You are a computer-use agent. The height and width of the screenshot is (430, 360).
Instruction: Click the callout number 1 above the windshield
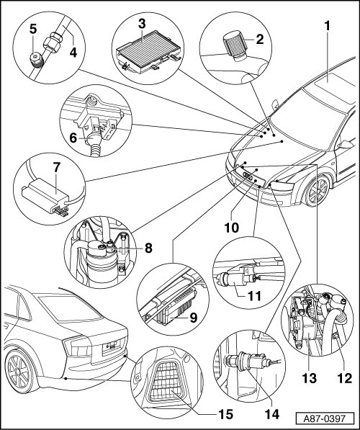point(327,26)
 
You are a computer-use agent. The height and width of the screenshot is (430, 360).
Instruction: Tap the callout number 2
point(260,40)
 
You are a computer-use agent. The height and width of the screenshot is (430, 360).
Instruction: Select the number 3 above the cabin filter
point(142,24)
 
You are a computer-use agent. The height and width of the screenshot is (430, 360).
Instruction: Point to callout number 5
point(33,30)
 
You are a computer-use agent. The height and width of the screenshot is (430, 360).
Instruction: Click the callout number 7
point(56,168)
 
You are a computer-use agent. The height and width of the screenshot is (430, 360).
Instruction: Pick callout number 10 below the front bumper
point(232,228)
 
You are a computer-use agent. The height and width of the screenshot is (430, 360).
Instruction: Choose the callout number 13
point(310,378)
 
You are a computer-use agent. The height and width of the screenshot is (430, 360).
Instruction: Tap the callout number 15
point(225,414)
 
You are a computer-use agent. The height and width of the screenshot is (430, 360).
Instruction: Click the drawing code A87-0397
point(324,419)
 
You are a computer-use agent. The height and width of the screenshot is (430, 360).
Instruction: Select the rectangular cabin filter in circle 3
point(148,52)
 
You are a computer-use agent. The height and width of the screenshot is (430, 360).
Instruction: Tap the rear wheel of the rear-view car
point(19,372)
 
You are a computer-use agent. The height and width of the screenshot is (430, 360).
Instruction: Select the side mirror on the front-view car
point(346,144)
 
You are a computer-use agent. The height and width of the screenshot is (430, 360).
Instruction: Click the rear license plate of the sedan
point(113,345)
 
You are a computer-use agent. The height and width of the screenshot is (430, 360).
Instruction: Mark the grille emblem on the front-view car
point(248,176)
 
